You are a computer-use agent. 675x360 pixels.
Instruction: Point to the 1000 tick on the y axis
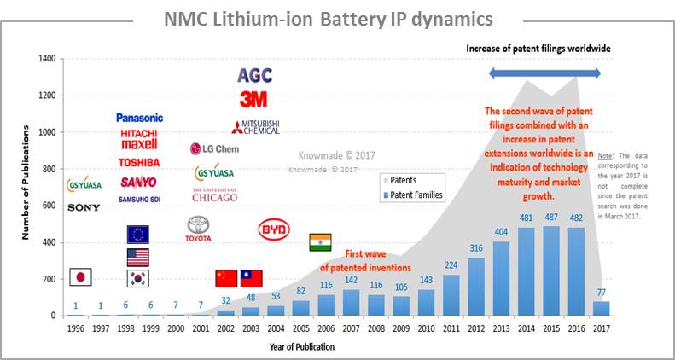(x=49, y=132)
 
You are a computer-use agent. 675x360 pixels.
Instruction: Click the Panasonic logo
(x=139, y=118)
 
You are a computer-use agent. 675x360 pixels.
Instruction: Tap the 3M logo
(x=253, y=99)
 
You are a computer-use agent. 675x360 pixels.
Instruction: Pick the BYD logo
(x=274, y=229)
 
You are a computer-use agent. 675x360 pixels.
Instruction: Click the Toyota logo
(x=198, y=229)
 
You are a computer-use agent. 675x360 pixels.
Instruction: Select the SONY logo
(x=84, y=207)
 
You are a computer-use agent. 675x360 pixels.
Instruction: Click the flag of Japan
(x=80, y=276)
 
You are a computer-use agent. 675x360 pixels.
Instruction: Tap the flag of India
(x=320, y=242)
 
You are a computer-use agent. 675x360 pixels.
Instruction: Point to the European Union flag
(x=137, y=235)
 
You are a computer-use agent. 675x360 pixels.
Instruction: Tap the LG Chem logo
(x=215, y=148)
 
